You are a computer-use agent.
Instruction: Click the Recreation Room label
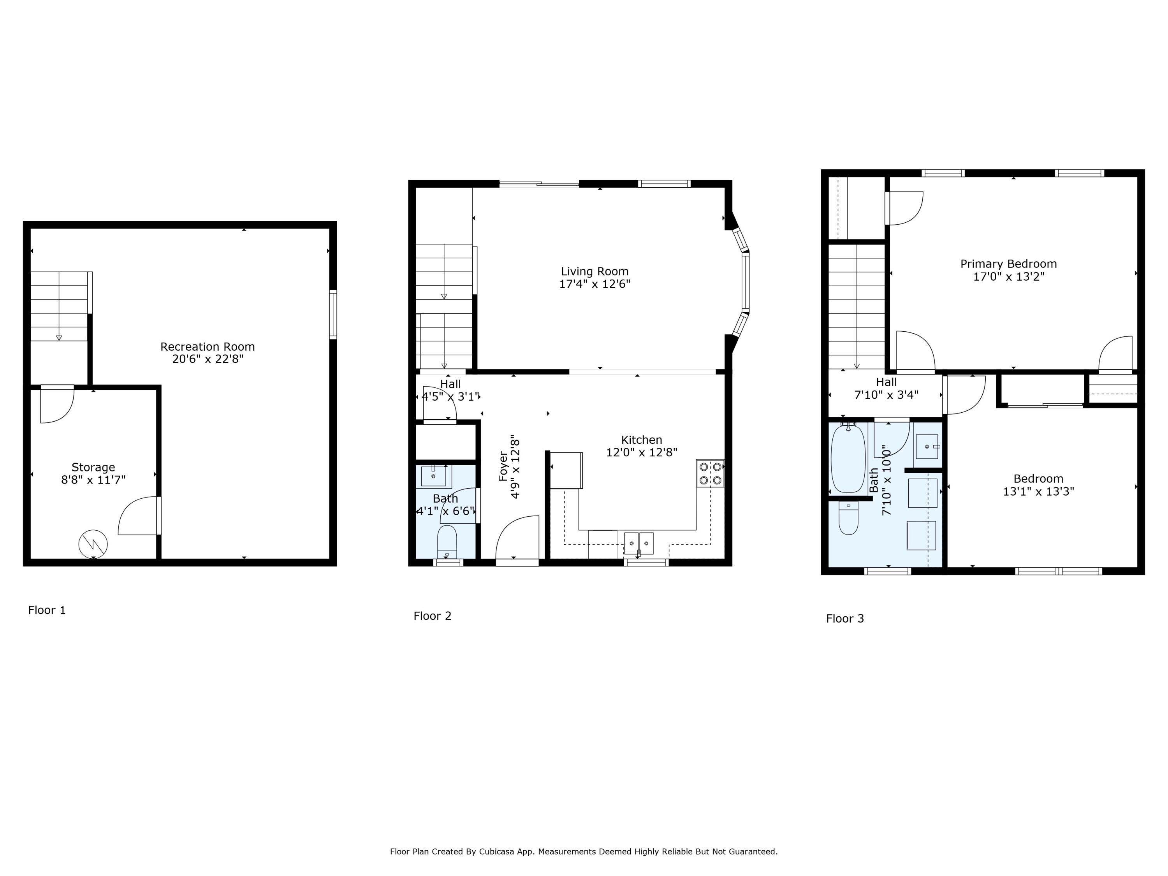[208, 347]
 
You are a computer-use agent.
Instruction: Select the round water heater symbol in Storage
[93, 544]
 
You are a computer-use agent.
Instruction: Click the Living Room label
[595, 271]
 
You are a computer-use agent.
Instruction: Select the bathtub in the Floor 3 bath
[848, 459]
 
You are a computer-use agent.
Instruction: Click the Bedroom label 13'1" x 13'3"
[1038, 485]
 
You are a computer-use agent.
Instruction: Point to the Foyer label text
[503, 466]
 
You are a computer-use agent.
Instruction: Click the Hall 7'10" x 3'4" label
[886, 389]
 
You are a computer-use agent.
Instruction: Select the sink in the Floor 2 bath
[433, 476]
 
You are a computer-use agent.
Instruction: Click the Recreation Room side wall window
[332, 314]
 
